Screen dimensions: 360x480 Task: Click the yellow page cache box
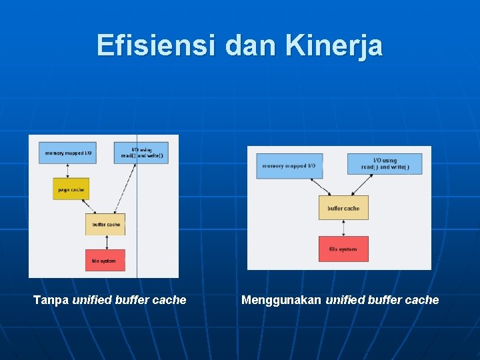point(71,189)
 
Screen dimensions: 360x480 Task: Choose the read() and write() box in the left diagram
point(141,153)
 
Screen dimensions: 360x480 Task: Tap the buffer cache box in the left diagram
point(105,225)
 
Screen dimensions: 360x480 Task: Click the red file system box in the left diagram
point(104,260)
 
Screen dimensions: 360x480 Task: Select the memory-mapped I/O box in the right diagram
point(289,166)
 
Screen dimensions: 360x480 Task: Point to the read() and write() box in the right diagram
point(385,164)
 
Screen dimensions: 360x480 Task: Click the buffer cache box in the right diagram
point(343,208)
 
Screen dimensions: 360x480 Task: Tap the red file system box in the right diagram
point(343,249)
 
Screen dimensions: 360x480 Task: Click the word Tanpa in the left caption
point(51,300)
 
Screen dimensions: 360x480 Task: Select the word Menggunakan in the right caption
point(281,300)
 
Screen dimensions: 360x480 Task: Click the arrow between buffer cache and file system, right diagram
point(343,228)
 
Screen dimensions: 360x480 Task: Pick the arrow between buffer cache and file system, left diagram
point(104,242)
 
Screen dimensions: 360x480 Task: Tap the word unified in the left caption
point(92,300)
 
